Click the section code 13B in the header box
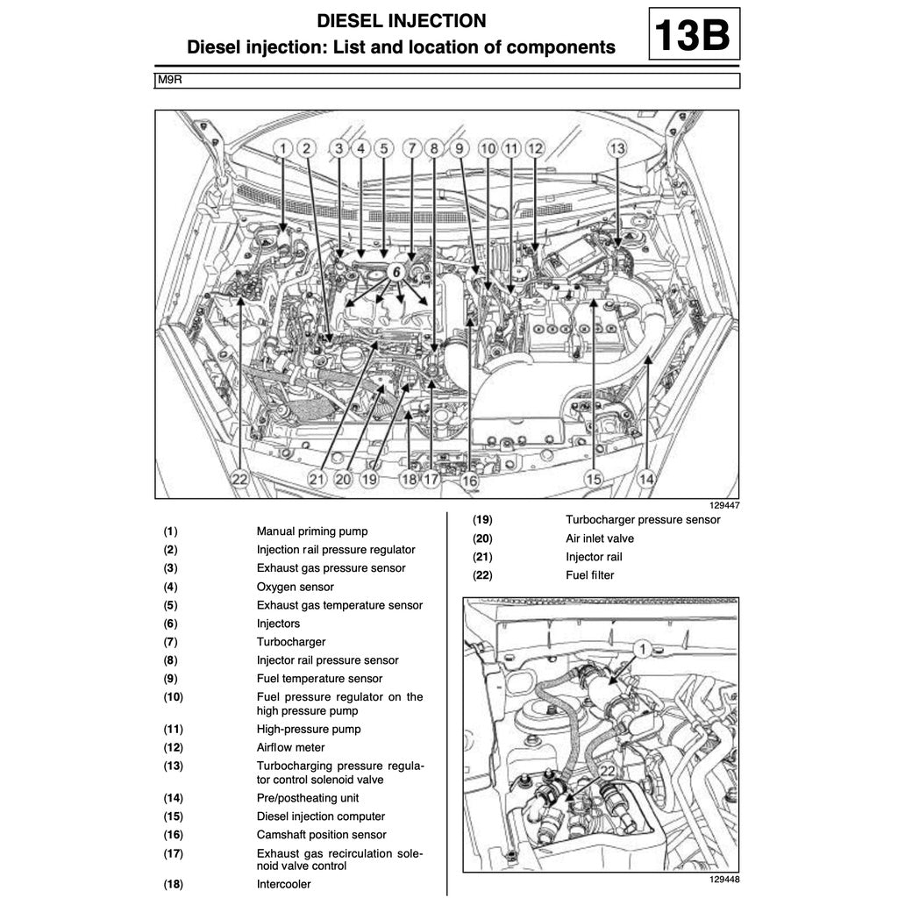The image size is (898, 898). tap(693, 34)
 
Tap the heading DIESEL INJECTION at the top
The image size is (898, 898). tap(401, 21)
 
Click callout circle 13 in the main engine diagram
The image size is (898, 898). tap(617, 149)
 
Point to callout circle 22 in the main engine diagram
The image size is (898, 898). tap(239, 479)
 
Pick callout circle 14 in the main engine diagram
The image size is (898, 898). tap(646, 479)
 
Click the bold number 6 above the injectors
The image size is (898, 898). tap(396, 272)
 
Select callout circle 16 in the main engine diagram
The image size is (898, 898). tap(470, 480)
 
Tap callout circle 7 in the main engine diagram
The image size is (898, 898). tap(411, 149)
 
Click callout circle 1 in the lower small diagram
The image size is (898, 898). tap(641, 649)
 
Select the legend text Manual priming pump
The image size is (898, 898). tap(311, 531)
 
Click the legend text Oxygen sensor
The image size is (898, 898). tap(295, 587)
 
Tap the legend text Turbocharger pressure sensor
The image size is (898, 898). tap(643, 520)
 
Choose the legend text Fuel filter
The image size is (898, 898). tap(590, 575)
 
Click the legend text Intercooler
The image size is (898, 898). tap(283, 884)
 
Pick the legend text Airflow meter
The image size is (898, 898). tap(290, 747)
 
